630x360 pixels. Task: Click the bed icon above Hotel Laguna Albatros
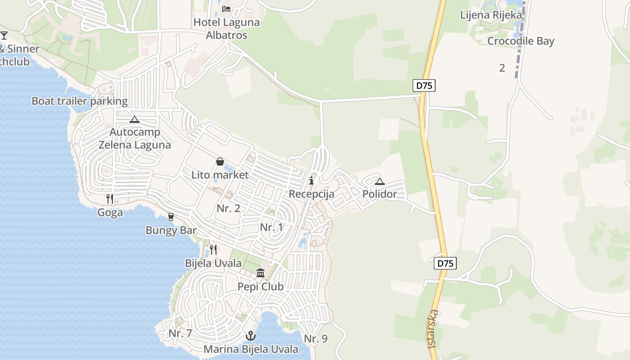point(226,9)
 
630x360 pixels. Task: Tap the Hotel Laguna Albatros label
point(226,28)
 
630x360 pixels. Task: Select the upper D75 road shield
point(424,85)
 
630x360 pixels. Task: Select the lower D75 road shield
point(445,263)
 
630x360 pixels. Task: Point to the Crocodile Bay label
point(521,41)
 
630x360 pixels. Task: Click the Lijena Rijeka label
point(491,15)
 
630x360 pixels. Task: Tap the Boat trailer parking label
point(80,101)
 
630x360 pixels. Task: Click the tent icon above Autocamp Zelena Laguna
point(134,120)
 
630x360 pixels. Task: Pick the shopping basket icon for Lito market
point(220,162)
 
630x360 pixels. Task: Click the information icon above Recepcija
point(311,181)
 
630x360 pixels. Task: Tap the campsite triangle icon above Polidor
point(380,182)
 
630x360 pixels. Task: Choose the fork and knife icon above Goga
point(110,199)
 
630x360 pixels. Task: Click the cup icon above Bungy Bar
point(171,217)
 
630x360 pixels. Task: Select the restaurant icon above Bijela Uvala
point(213,250)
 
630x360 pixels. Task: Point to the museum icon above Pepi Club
point(261,273)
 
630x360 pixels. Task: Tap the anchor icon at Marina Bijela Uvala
point(251,336)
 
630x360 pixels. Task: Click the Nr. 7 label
point(180,333)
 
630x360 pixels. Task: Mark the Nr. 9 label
point(315,339)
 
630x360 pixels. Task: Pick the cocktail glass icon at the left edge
point(4,35)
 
